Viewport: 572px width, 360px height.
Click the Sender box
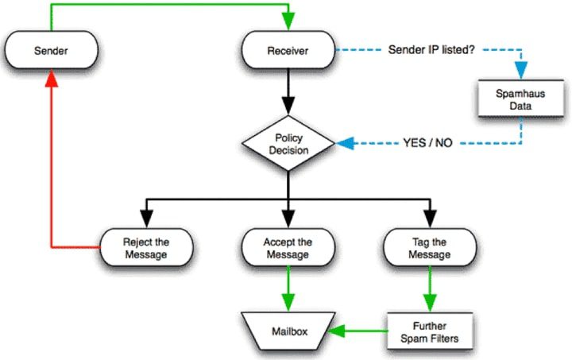(52, 51)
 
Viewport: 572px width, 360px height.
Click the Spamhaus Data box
(522, 99)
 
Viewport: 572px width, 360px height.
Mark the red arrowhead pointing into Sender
(52, 76)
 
